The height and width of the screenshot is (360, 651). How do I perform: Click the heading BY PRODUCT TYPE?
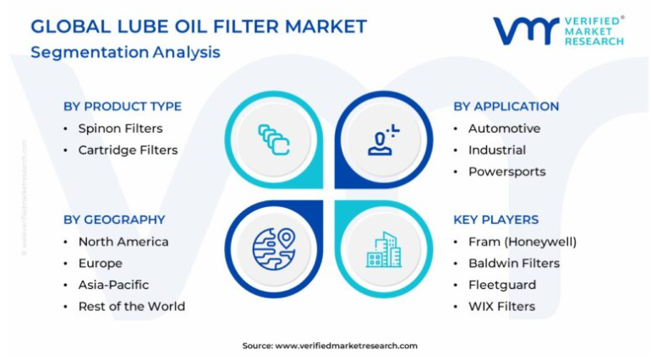[x=123, y=106]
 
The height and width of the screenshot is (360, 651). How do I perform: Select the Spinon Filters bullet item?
[x=120, y=128]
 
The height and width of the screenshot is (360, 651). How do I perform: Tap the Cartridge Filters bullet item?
[x=128, y=150]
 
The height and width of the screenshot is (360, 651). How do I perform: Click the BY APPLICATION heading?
[x=506, y=106]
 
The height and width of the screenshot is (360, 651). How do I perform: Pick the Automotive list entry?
[x=505, y=128]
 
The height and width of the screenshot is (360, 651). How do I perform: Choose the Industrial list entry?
[x=497, y=150]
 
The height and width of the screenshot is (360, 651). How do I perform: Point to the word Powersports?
[x=507, y=172]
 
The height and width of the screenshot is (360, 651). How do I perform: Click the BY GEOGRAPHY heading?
[x=114, y=220]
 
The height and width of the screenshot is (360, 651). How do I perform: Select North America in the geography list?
[x=123, y=242]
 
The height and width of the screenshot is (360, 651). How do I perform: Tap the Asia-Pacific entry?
[x=113, y=285]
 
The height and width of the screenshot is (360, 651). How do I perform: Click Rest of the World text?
[x=132, y=307]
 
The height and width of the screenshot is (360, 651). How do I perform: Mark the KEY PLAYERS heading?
[x=495, y=220]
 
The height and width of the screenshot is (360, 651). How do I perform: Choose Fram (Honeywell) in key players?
[x=522, y=242]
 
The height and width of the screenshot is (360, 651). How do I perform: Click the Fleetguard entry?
[x=502, y=285]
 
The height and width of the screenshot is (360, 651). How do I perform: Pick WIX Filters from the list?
[x=501, y=307]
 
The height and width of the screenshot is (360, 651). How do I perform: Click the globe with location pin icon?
[x=274, y=249]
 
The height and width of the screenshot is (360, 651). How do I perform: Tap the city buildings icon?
[x=384, y=249]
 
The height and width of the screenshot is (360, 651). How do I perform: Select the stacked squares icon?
[x=274, y=139]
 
